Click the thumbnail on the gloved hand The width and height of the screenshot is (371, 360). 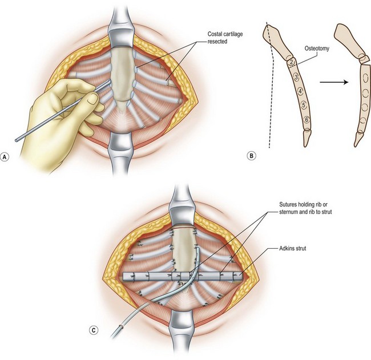92,99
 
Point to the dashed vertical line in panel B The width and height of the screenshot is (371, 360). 268,103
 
